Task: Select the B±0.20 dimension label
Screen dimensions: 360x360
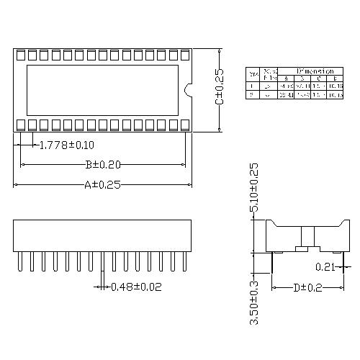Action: coord(104,164)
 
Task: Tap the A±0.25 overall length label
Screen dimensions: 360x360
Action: coord(102,185)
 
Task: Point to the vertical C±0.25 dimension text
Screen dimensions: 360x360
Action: coord(220,87)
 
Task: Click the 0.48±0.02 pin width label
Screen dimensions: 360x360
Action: coord(136,287)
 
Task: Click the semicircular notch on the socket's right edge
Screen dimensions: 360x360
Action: coord(189,90)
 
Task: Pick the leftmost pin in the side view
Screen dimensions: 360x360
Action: coord(20,261)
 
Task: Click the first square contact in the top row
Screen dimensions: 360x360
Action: coord(21,55)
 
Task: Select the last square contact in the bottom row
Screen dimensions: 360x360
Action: coord(184,125)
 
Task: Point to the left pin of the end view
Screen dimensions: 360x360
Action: coord(271,263)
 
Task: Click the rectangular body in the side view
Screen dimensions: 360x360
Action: coord(102,235)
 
